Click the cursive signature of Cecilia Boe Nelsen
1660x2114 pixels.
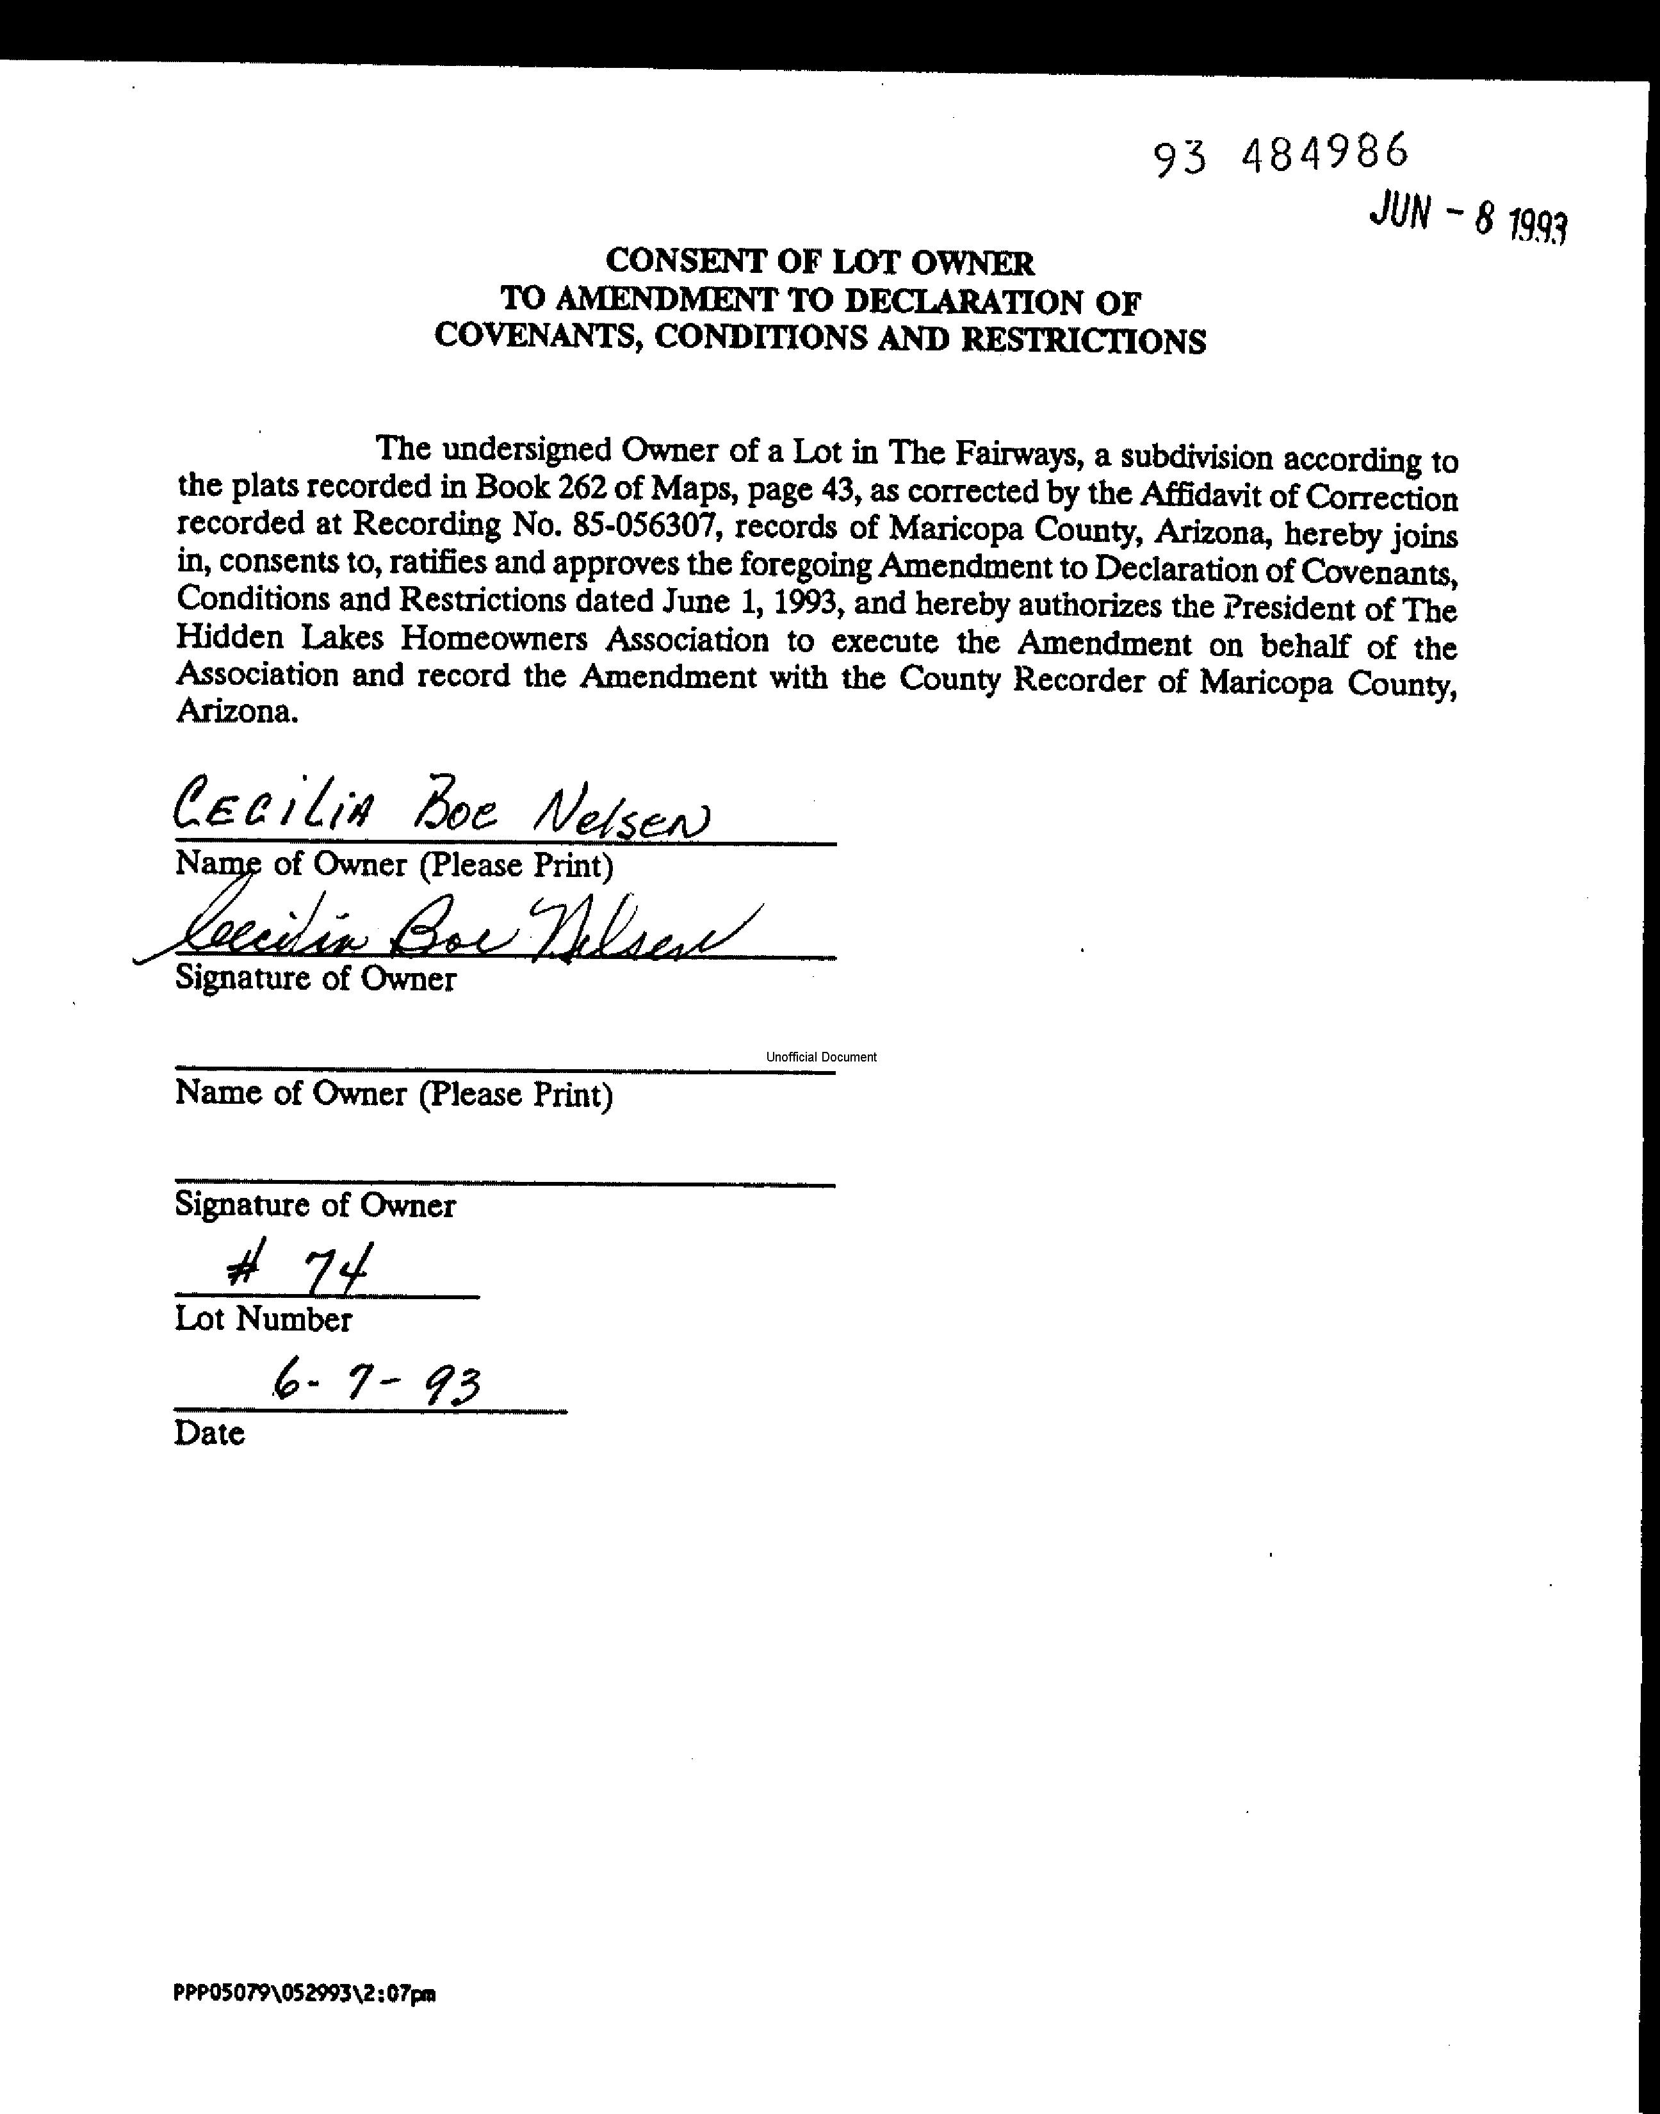pos(457,934)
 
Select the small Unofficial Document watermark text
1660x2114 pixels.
pos(821,1056)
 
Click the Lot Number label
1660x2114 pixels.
pos(263,1319)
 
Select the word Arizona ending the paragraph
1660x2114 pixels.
pos(234,712)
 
